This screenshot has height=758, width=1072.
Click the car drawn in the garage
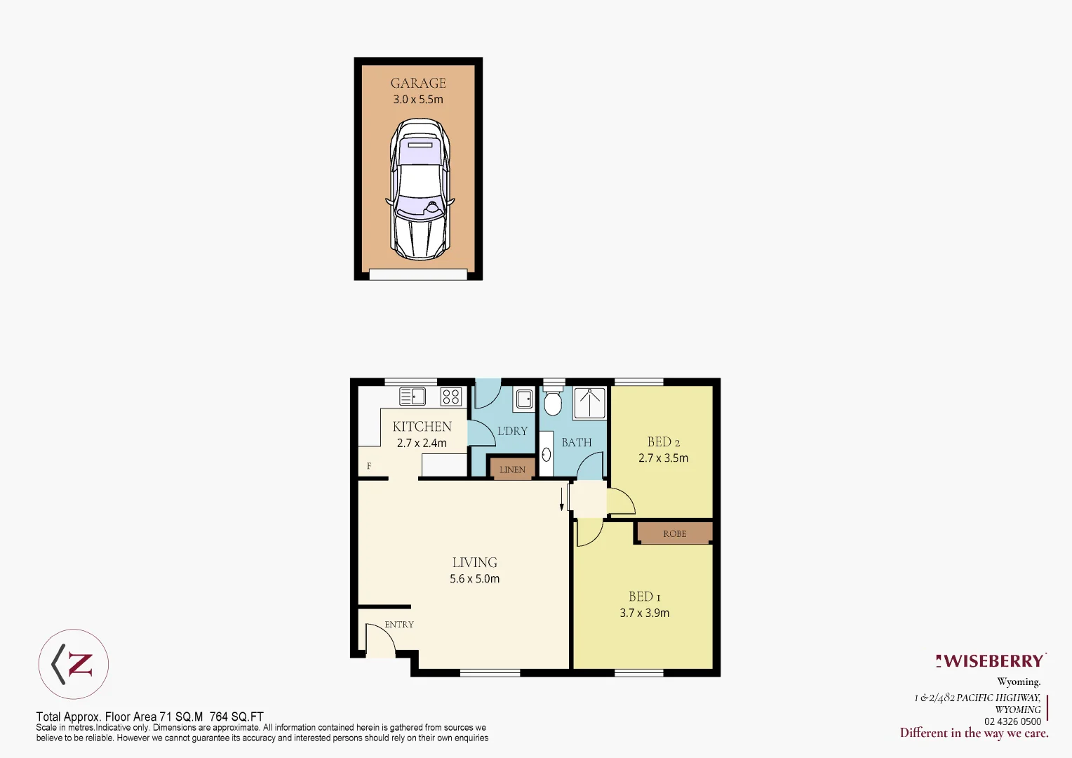click(x=419, y=189)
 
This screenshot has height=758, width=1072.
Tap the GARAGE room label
click(x=418, y=83)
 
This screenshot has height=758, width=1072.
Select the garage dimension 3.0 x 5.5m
click(x=418, y=100)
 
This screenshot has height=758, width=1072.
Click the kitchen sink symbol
click(x=413, y=397)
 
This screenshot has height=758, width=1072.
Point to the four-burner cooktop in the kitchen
click(x=451, y=397)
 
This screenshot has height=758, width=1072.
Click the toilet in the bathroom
click(x=553, y=402)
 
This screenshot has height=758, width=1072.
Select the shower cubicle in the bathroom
click(x=589, y=403)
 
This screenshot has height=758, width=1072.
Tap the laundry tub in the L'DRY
click(x=523, y=399)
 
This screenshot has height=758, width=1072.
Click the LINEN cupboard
click(x=512, y=470)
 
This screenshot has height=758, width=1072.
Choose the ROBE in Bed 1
click(x=674, y=533)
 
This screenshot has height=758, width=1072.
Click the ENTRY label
click(x=399, y=625)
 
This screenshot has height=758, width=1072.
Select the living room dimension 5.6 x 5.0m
click(x=475, y=579)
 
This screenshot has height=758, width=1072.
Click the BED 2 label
click(x=664, y=442)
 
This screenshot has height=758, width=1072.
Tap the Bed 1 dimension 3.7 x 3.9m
click(x=645, y=613)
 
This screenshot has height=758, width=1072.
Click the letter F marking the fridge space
click(x=369, y=466)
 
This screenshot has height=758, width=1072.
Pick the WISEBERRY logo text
click(x=993, y=661)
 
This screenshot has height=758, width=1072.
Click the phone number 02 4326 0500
click(x=1012, y=722)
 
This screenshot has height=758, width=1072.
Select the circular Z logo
click(x=74, y=664)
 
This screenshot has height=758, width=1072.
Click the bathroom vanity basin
click(x=547, y=455)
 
